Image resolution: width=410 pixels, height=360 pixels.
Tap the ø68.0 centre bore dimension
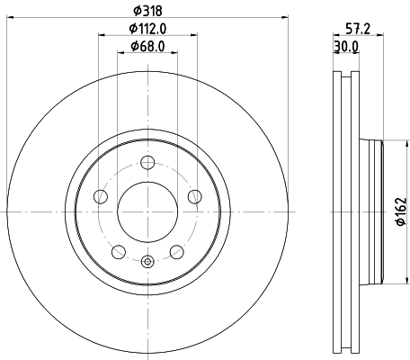(147, 46)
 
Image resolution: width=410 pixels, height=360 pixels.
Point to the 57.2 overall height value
(359, 29)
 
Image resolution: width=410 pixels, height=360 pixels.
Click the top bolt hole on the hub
(147, 162)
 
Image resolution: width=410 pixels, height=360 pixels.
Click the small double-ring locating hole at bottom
(147, 261)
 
